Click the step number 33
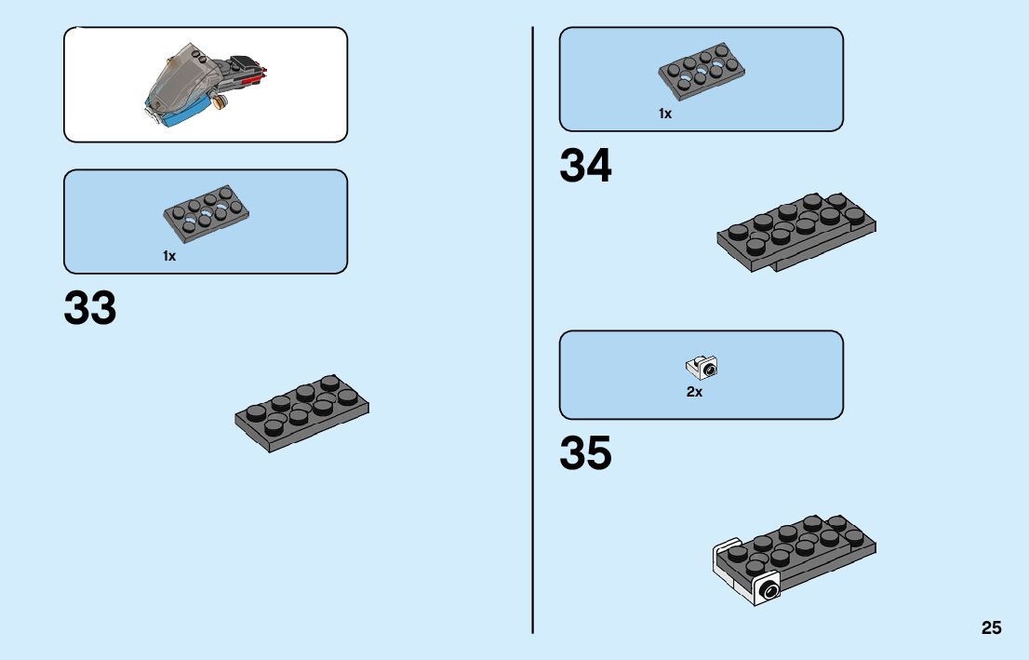(x=90, y=309)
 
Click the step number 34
(x=585, y=167)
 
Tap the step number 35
(x=585, y=453)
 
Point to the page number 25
(x=991, y=628)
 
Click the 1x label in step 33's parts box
(x=169, y=256)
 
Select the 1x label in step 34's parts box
(x=664, y=114)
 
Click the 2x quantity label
(x=694, y=393)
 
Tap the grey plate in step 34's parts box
(x=702, y=71)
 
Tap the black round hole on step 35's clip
(x=768, y=590)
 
